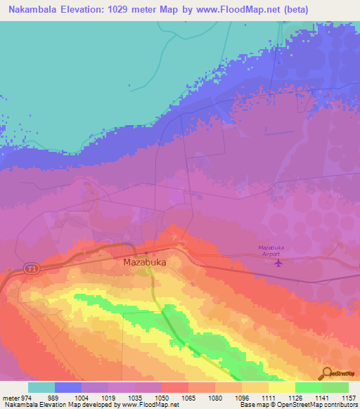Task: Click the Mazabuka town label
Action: click(144, 261)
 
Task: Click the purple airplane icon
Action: click(279, 264)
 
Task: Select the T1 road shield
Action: click(31, 268)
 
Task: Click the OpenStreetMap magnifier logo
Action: click(326, 373)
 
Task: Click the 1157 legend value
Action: click(349, 397)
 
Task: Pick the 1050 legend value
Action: click(162, 397)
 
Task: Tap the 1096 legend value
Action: click(242, 397)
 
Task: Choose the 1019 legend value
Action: click(108, 397)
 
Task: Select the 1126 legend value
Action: click(295, 397)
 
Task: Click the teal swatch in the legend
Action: click(41, 387)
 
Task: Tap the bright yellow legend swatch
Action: click(282, 387)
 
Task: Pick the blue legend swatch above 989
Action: click(68, 387)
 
